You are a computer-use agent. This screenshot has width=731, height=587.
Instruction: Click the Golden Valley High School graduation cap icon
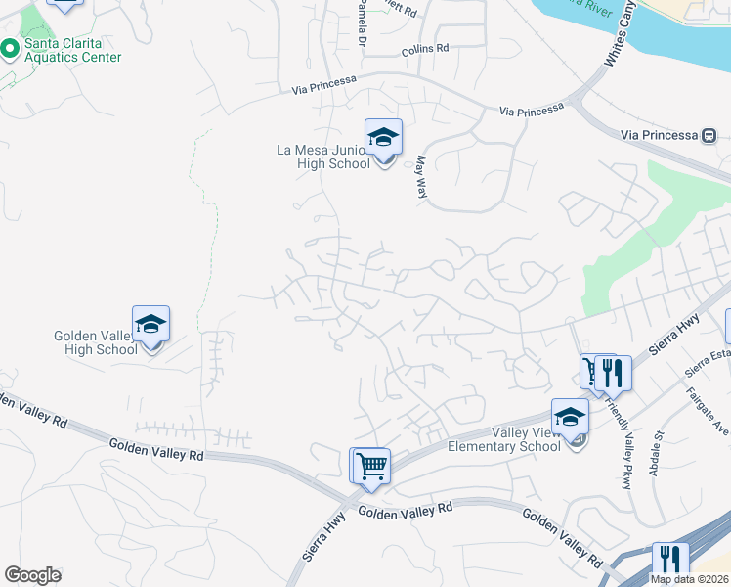point(151,325)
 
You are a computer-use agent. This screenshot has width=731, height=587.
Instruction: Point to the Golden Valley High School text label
point(95,343)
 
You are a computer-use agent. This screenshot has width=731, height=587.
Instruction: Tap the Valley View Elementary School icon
point(570,418)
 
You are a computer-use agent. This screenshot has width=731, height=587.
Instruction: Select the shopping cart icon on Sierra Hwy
point(370,466)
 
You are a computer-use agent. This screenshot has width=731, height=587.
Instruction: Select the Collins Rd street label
point(424,48)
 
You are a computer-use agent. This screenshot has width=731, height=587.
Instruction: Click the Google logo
point(32,575)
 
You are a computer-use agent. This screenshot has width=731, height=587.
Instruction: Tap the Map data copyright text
point(690,579)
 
